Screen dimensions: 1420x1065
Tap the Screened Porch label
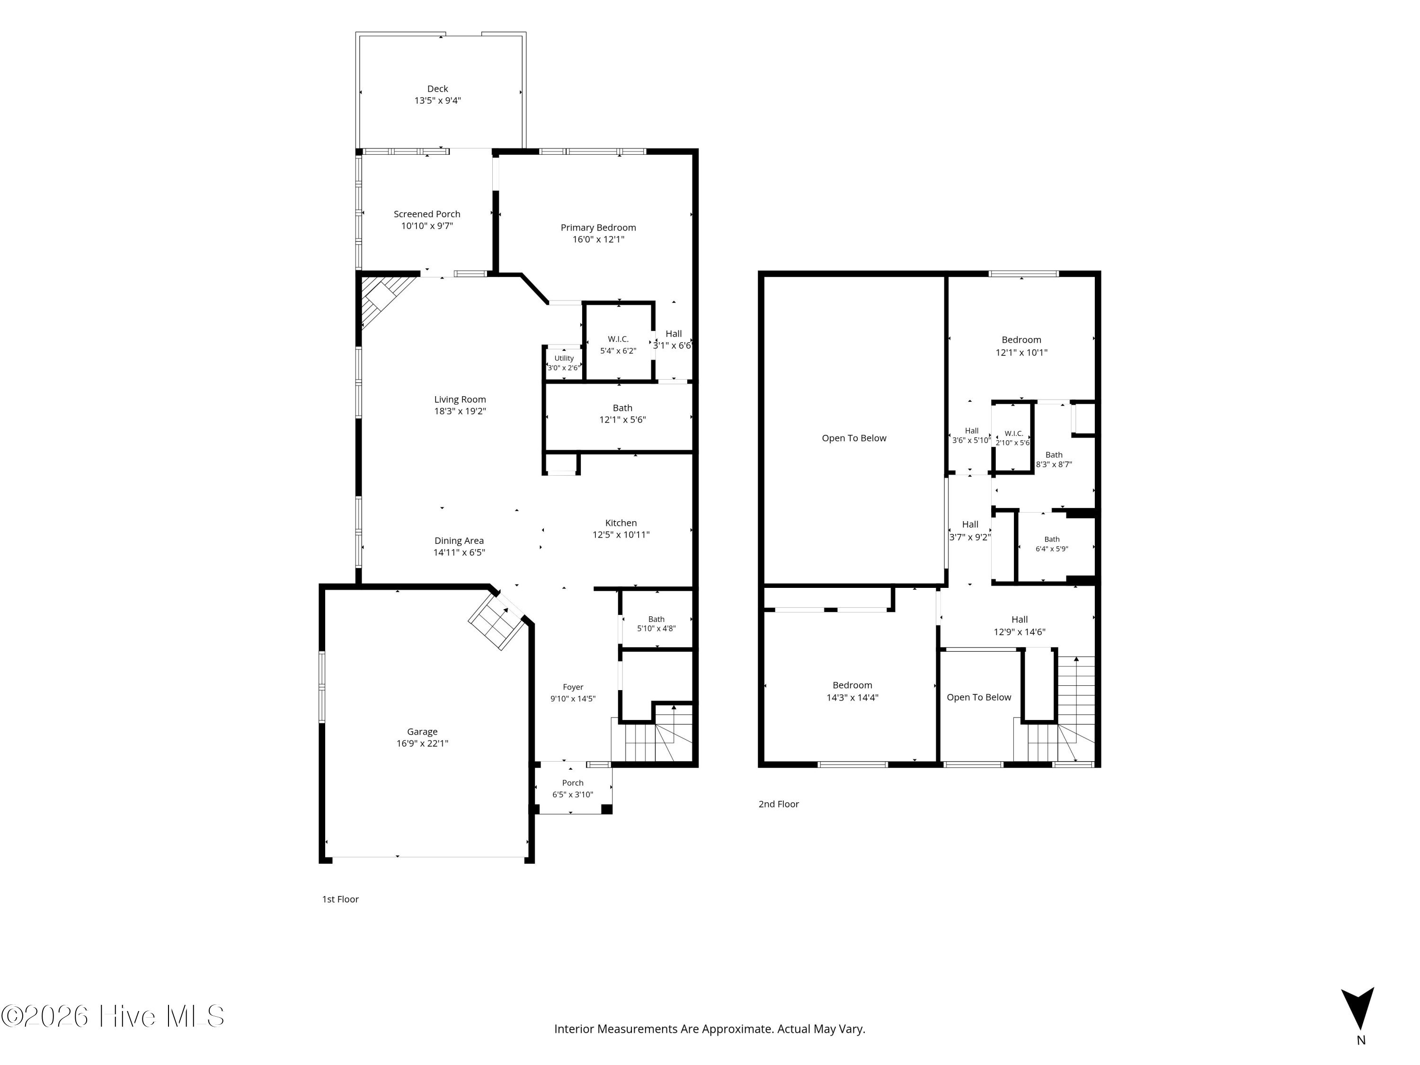[427, 214]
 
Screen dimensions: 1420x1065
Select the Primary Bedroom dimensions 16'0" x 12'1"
[598, 240]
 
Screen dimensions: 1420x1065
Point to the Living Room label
[460, 399]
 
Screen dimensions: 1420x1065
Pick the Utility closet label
[564, 358]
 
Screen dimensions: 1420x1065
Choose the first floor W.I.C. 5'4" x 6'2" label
[618, 345]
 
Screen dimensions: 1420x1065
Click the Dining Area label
[459, 541]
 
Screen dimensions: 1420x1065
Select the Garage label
[422, 732]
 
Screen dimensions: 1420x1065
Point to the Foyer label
[573, 687]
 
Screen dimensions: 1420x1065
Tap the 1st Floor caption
[340, 899]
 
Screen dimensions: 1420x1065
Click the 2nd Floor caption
[779, 804]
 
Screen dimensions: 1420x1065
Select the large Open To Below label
[854, 438]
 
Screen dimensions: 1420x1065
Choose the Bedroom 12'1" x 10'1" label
[1021, 346]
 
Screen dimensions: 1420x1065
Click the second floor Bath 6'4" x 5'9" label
[1052, 544]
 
